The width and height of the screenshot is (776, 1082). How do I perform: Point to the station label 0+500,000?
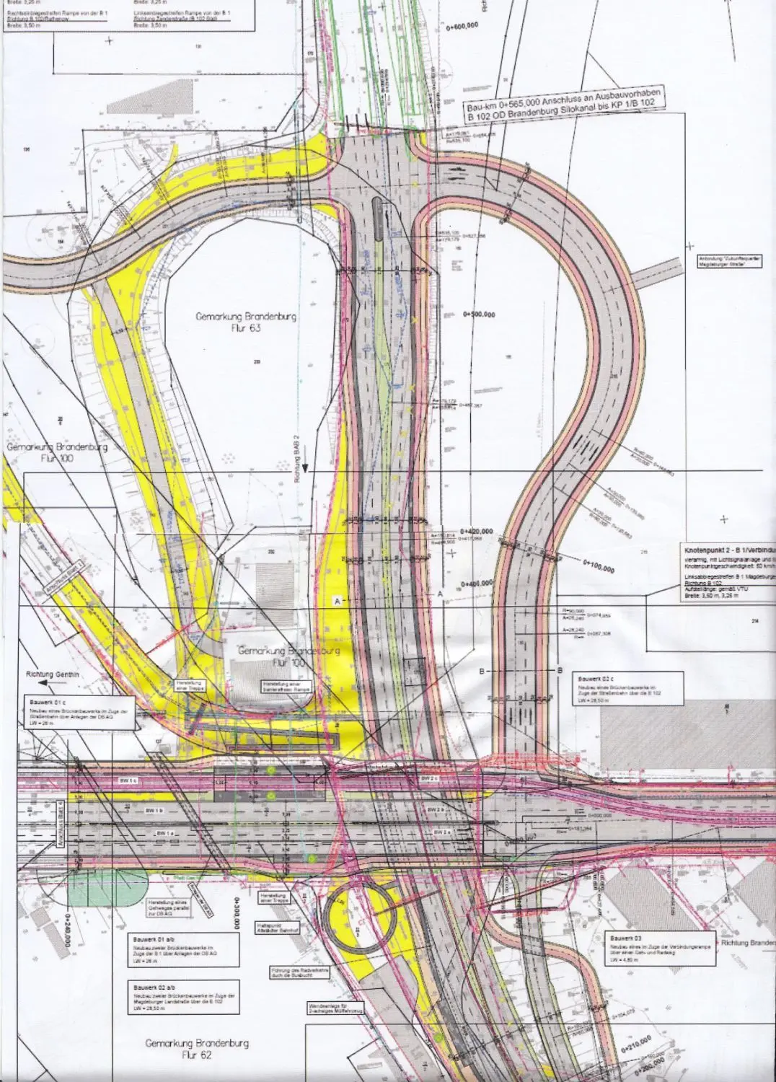click(x=479, y=315)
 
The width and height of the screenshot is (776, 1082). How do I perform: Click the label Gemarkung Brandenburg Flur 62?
click(x=197, y=1049)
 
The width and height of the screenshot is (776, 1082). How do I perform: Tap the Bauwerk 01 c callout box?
click(x=77, y=713)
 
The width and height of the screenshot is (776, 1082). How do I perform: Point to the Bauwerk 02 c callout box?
click(x=620, y=688)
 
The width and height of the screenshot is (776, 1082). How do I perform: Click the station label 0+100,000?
click(x=599, y=566)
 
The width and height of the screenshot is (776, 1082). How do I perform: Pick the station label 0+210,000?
click(x=635, y=1043)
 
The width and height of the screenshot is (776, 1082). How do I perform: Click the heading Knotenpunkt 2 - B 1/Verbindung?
click(x=729, y=551)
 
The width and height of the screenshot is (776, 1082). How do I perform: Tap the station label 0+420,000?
click(x=479, y=532)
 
